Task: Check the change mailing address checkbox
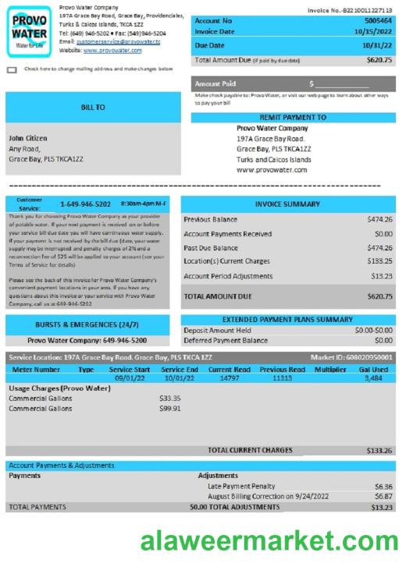point(12,69)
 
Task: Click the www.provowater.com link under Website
point(111,50)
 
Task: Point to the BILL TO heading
point(93,108)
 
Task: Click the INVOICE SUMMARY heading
point(287,204)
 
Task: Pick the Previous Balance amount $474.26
point(379,219)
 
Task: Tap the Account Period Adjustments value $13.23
point(382,275)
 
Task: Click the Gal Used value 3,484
point(373,377)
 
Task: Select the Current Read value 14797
point(230,377)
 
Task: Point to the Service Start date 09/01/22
point(130,377)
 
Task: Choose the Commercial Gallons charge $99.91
point(169,408)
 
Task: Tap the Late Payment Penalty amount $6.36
point(383,486)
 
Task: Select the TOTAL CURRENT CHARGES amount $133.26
point(379,450)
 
